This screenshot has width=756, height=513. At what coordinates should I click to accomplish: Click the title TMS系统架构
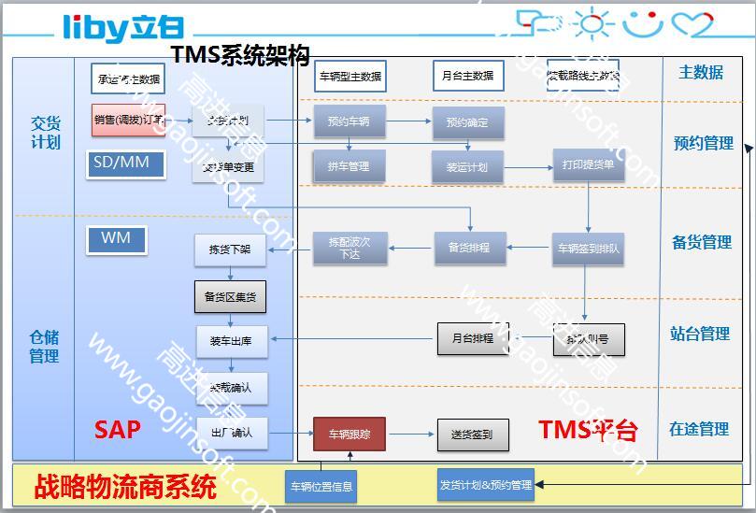(x=239, y=56)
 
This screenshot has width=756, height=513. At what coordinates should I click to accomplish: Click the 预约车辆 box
(x=349, y=121)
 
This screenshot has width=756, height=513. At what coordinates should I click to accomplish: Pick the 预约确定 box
(x=467, y=122)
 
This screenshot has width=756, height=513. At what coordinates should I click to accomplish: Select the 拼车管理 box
(x=349, y=166)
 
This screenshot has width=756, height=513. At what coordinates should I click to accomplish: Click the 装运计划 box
(x=467, y=167)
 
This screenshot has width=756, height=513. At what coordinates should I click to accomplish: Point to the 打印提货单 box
(x=588, y=164)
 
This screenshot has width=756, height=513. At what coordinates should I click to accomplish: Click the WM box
(x=116, y=240)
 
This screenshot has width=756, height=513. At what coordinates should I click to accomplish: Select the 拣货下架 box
(x=230, y=249)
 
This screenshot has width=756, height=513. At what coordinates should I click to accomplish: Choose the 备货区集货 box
(x=230, y=297)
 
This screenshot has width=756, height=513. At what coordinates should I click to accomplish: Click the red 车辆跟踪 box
(x=349, y=435)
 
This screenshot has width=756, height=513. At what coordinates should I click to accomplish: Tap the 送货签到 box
(x=473, y=435)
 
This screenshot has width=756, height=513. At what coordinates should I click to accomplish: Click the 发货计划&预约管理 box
(x=486, y=485)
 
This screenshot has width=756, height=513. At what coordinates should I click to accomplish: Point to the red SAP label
(x=118, y=429)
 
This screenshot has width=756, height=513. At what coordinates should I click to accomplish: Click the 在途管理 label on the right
(x=699, y=429)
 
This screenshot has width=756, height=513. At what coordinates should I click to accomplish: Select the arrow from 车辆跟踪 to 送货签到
(x=411, y=435)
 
